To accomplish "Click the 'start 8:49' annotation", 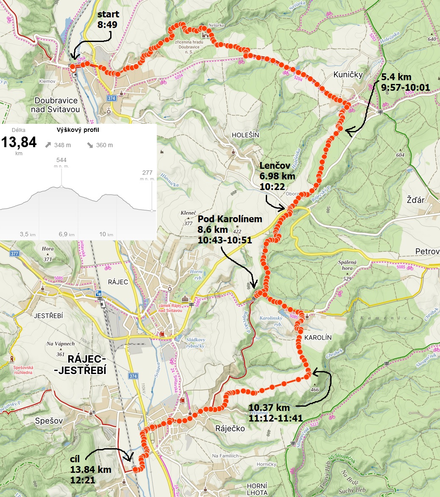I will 108,20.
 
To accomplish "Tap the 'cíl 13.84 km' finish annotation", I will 90,469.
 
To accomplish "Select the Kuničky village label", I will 348,75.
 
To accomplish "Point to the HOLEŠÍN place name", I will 245,134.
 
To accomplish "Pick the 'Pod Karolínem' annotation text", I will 230,219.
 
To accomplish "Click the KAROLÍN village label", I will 318,338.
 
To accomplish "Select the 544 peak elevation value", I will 61,160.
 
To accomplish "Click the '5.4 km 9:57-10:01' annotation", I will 405,83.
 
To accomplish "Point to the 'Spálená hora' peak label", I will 345,265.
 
